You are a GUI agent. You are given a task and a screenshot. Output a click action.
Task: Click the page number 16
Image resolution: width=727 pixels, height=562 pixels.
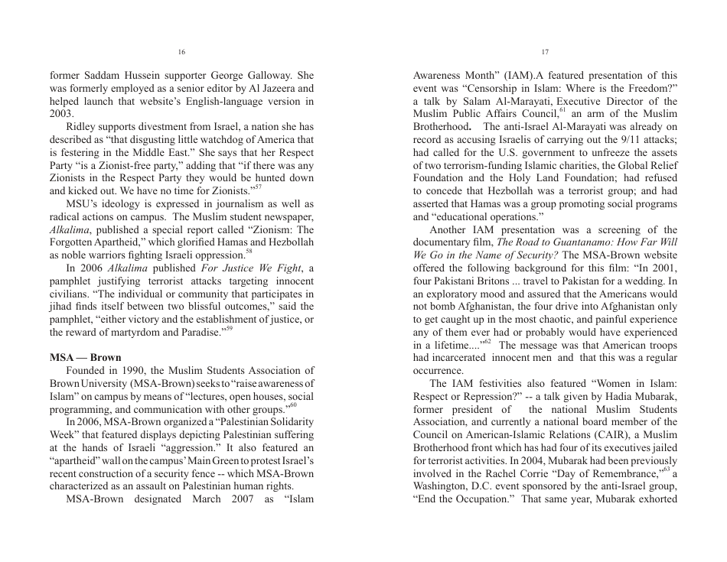click(181, 52)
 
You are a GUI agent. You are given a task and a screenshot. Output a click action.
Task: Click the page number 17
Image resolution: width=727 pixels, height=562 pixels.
click(545, 52)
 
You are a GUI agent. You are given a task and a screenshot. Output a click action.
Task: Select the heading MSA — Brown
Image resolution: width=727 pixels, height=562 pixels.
click(85, 357)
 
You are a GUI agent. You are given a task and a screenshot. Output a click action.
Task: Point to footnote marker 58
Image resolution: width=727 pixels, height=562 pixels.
click(249, 251)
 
